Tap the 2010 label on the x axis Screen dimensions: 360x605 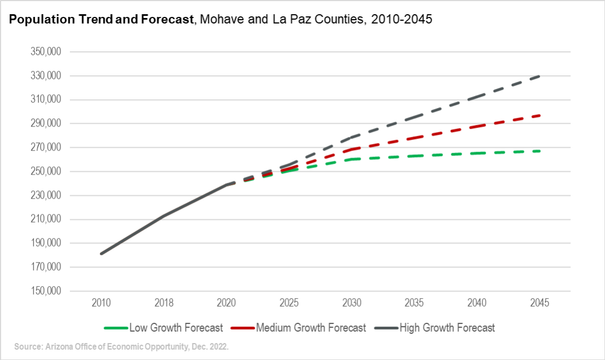(101, 303)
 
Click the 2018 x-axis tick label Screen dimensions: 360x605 (164, 303)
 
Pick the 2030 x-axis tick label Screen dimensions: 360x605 (352, 303)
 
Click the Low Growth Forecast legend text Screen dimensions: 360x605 (176, 328)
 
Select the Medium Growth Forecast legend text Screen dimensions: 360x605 (311, 328)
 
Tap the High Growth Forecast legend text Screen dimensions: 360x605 (447, 328)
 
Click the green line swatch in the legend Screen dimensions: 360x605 (116, 328)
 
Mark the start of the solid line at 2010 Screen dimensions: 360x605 (101, 254)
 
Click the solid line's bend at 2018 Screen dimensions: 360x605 (164, 215)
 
